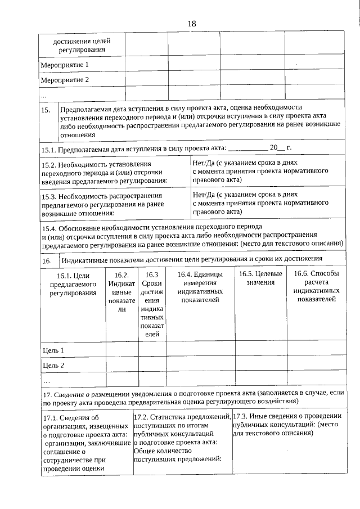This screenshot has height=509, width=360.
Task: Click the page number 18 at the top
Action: pos(191,24)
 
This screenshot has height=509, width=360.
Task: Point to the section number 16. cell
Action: pos(47,260)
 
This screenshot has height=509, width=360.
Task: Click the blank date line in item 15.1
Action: pos(248,148)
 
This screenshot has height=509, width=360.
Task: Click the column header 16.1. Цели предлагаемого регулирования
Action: pos(73,283)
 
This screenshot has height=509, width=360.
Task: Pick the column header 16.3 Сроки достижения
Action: pos(152,304)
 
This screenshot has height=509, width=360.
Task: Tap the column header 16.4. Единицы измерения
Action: pos(200,287)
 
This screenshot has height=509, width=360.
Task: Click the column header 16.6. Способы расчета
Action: pos(316,287)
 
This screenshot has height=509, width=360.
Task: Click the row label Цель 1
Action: pos(53,350)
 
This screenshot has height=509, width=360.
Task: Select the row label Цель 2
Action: pos(53,365)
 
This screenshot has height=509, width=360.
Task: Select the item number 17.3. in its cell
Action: pos(241,416)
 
